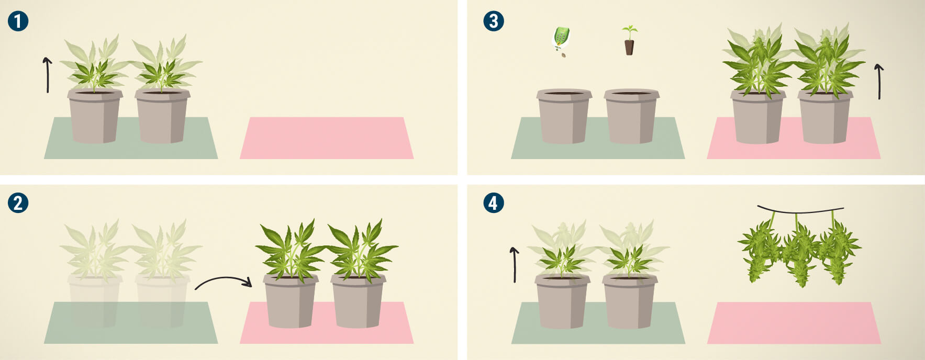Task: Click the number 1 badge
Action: click(18, 21)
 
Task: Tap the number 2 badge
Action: click(18, 203)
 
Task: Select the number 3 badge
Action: click(494, 21)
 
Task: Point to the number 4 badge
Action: click(494, 203)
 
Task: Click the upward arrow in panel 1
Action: click(48, 75)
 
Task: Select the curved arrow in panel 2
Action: click(222, 279)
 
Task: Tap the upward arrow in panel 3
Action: click(879, 82)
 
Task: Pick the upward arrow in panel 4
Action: click(515, 265)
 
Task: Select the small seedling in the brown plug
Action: click(629, 40)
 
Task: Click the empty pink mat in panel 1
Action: click(327, 138)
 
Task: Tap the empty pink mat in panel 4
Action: click(794, 323)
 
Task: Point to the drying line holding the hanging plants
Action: click(800, 211)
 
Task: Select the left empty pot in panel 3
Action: click(564, 116)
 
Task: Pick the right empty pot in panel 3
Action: click(631, 116)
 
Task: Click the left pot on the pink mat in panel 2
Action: click(291, 301)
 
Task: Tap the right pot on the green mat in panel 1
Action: click(162, 116)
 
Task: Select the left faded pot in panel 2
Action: click(95, 301)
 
